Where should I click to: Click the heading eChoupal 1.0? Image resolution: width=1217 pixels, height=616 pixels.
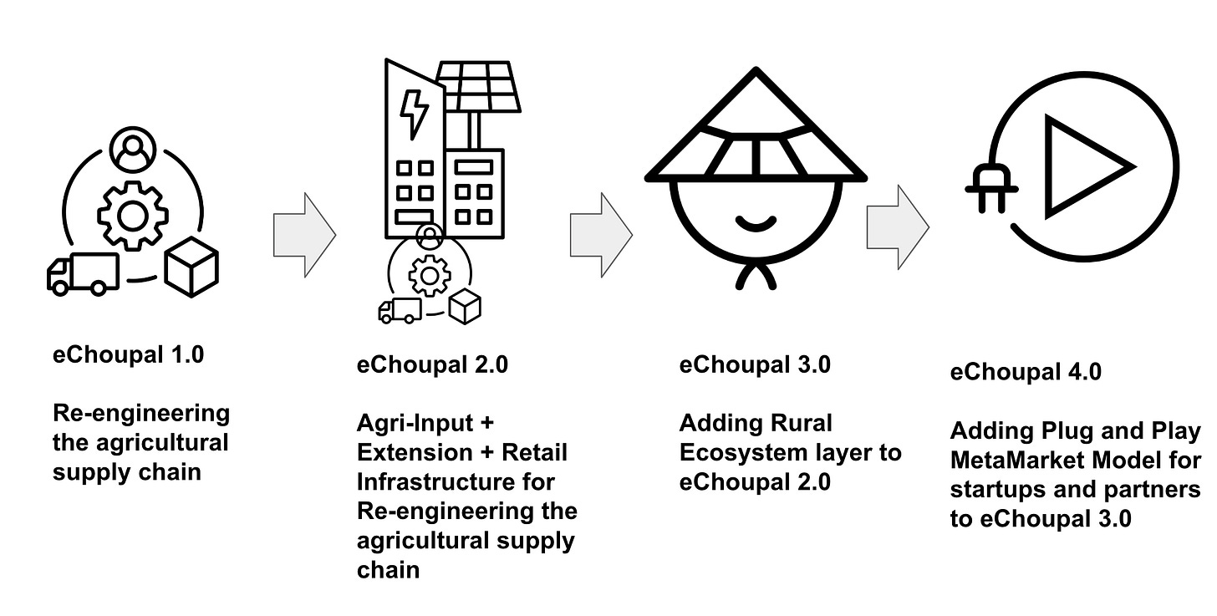pyautogui.click(x=128, y=354)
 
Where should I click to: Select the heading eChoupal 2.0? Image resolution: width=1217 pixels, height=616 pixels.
pyautogui.click(x=432, y=364)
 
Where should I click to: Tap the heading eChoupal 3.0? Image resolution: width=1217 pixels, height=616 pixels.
pyautogui.click(x=755, y=364)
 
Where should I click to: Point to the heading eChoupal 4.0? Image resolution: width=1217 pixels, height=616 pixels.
pyautogui.click(x=1026, y=372)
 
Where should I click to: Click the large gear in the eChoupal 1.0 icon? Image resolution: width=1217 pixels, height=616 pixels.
pyautogui.click(x=133, y=215)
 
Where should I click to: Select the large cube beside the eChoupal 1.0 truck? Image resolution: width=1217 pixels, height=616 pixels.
pyautogui.click(x=191, y=269)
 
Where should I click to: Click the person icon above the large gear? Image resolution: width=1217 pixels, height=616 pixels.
pyautogui.click(x=133, y=150)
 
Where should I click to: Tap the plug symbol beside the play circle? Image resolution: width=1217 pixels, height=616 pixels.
pyautogui.click(x=991, y=187)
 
